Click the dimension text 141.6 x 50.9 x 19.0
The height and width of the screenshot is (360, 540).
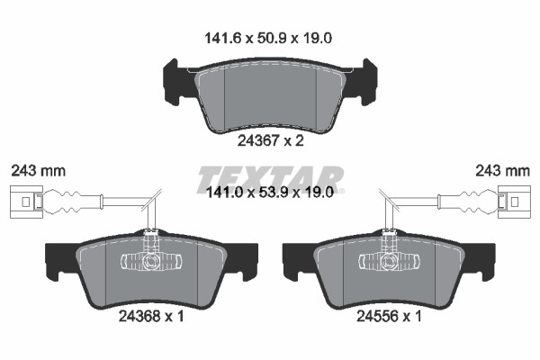[x=268, y=38]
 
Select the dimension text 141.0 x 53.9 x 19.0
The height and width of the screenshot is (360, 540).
[x=269, y=193]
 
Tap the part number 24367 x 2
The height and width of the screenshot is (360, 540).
[x=270, y=140]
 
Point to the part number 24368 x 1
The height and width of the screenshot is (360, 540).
[x=151, y=316]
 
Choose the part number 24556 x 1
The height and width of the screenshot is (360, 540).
[x=389, y=316]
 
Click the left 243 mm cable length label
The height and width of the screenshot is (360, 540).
[x=38, y=171]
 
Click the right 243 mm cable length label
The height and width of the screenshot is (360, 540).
[x=502, y=171]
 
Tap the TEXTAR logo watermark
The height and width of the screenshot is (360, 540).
[x=270, y=179]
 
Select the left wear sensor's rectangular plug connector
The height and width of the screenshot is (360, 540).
[x=26, y=202]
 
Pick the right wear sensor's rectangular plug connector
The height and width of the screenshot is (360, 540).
[x=514, y=202]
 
